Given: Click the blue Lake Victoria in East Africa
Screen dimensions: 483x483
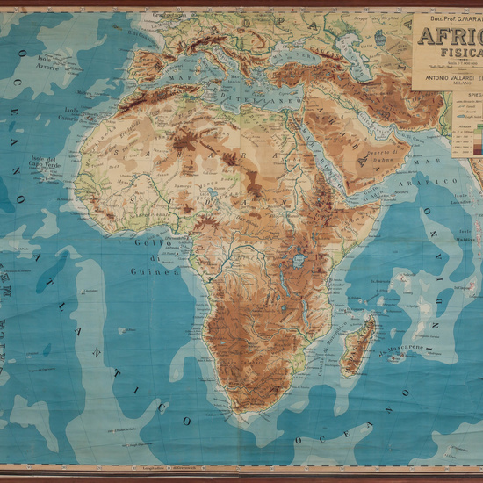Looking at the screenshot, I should point(299,261).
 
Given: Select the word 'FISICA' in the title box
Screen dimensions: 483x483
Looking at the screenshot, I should point(443,53).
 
